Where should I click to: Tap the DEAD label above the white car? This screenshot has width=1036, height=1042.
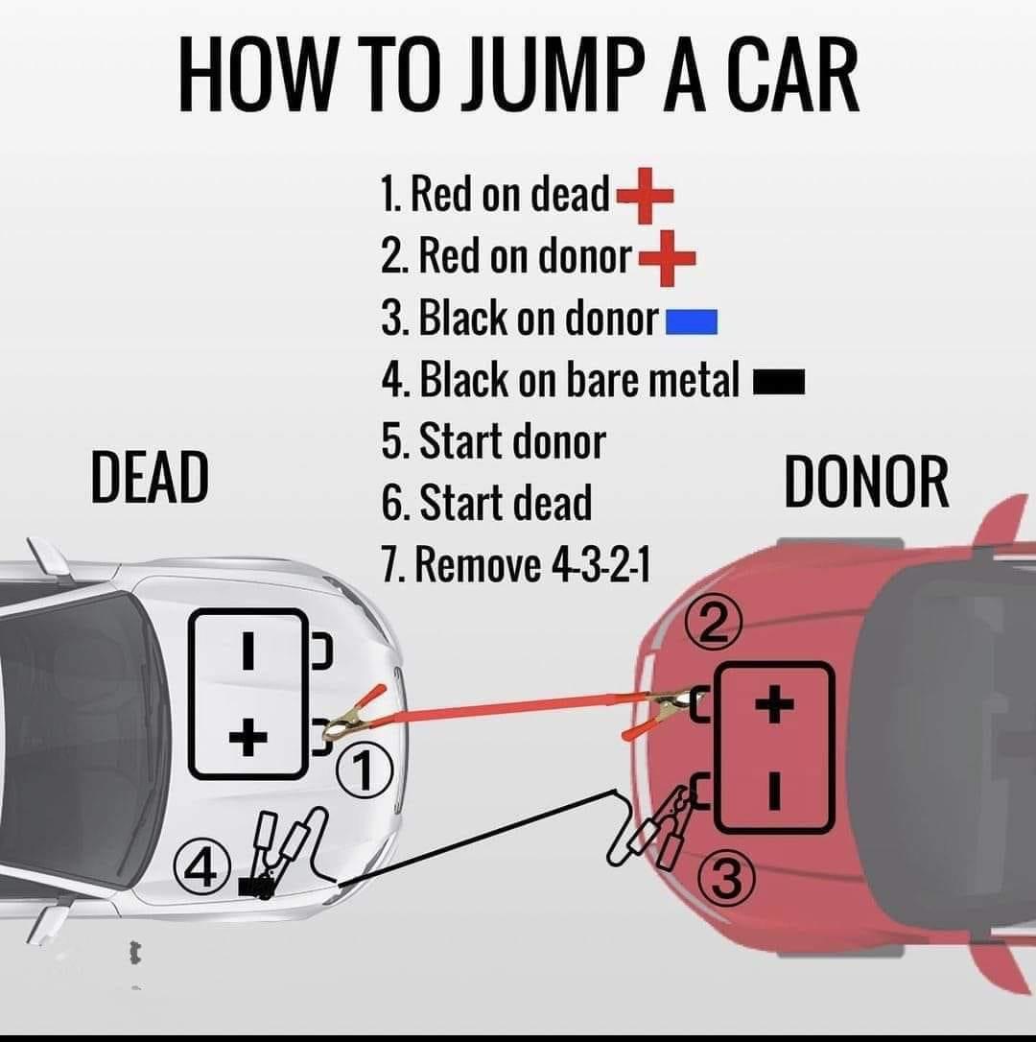tap(150, 477)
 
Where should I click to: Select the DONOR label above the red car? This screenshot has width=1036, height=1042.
tap(866, 482)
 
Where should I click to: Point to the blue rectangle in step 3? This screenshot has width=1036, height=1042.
tap(692, 321)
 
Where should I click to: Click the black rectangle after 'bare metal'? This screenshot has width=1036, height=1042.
tap(778, 384)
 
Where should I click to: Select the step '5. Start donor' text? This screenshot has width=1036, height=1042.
tap(493, 442)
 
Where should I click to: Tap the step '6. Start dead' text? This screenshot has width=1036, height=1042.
tap(486, 503)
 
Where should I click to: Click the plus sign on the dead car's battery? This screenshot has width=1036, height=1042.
tap(248, 737)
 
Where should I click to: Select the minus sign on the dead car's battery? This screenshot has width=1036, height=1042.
tap(247, 651)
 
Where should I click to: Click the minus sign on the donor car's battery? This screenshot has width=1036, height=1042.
tap(776, 793)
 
